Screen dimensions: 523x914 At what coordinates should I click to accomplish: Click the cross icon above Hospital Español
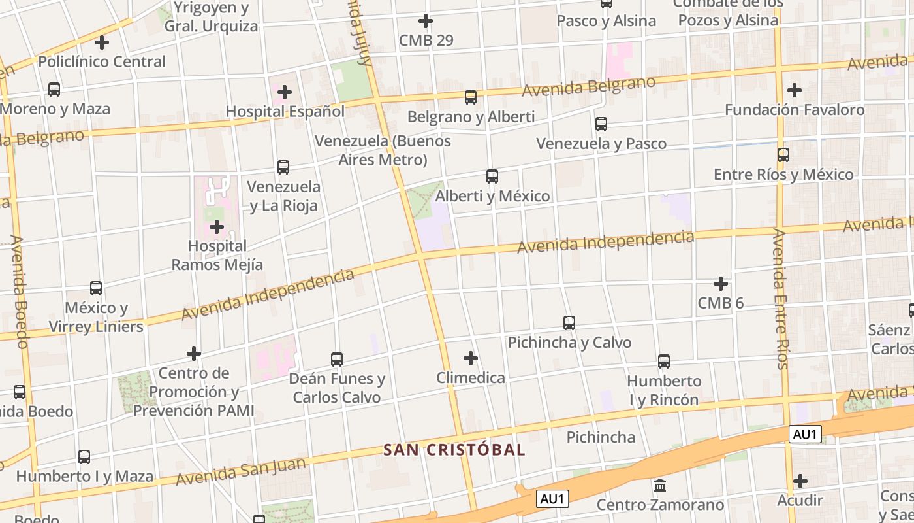(x=285, y=92)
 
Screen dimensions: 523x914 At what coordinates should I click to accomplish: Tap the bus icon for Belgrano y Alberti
(x=470, y=97)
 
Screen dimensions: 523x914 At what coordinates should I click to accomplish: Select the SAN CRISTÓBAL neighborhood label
(x=454, y=450)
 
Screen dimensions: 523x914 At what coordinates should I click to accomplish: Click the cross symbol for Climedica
(x=470, y=358)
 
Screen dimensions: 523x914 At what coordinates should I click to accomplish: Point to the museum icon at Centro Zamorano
(x=660, y=486)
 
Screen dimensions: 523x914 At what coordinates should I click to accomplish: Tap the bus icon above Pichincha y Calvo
(x=569, y=322)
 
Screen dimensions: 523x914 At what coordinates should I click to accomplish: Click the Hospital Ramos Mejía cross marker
(x=217, y=227)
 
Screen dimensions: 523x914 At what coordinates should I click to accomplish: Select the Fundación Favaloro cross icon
(x=795, y=90)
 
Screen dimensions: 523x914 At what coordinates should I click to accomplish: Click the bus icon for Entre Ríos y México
(x=783, y=155)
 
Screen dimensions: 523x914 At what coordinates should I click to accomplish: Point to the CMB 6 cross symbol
(x=721, y=284)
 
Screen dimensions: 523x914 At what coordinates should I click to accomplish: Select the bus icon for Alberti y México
(x=492, y=177)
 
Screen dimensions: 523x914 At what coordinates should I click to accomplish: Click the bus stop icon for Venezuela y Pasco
(x=601, y=124)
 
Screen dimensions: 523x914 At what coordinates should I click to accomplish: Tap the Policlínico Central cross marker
(x=102, y=42)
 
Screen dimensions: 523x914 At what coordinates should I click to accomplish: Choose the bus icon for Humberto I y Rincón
(x=664, y=361)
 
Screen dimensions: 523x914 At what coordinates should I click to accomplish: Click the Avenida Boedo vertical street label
(x=20, y=292)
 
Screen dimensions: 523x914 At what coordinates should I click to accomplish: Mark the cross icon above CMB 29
(x=426, y=21)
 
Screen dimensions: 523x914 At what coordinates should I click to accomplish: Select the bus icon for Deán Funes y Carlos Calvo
(x=337, y=359)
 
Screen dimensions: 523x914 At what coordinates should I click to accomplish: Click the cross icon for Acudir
(x=800, y=481)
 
